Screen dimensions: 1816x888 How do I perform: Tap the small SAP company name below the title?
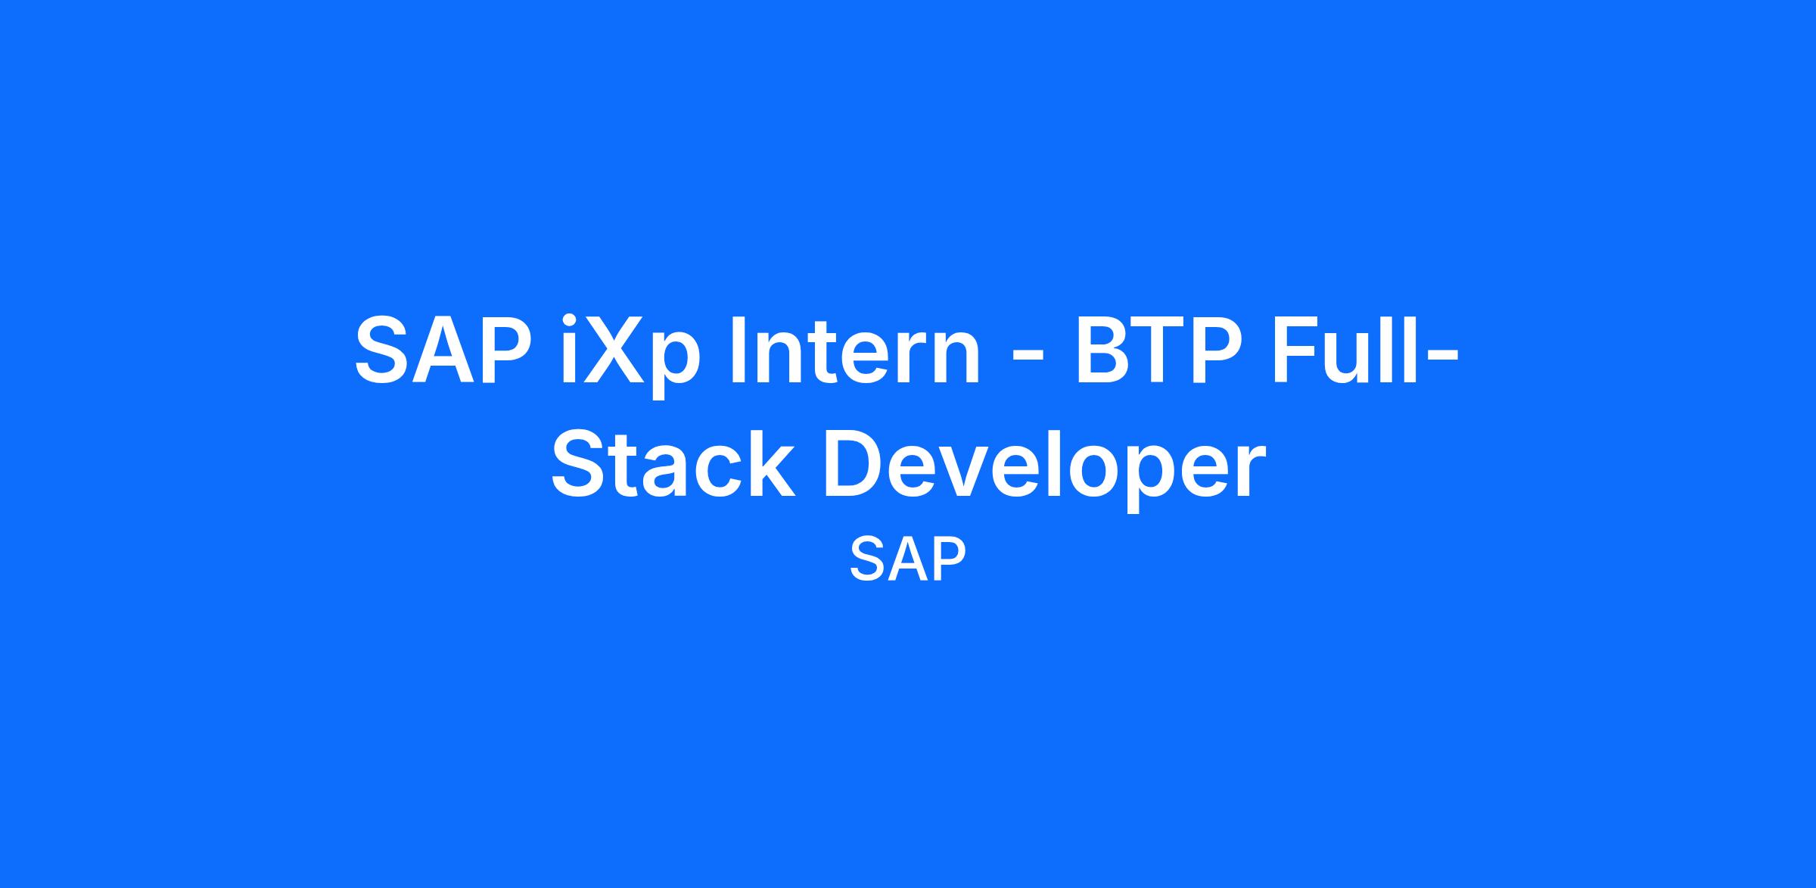[908, 559]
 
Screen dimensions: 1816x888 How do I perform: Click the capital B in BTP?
[1104, 350]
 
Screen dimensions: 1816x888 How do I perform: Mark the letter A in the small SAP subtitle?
[908, 559]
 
